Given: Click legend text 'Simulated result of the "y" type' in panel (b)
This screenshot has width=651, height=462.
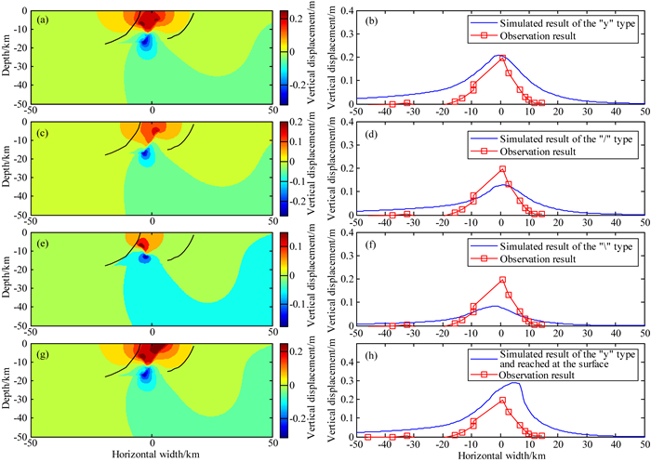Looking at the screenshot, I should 566,19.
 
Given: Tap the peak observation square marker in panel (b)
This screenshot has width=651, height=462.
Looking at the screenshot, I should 501,59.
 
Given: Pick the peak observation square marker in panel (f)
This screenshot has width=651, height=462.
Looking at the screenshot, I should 501,280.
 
